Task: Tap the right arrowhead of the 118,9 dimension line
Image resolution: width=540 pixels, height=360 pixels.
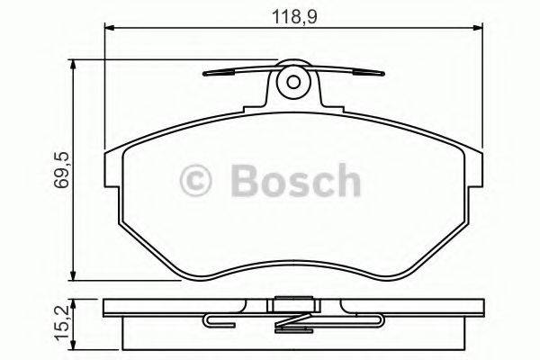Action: click(x=478, y=30)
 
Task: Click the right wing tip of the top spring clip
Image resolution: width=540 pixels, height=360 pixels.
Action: click(x=378, y=75)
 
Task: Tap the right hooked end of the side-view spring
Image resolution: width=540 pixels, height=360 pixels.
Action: click(x=385, y=319)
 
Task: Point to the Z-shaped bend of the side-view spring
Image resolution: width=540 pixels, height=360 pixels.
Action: click(x=292, y=321)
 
